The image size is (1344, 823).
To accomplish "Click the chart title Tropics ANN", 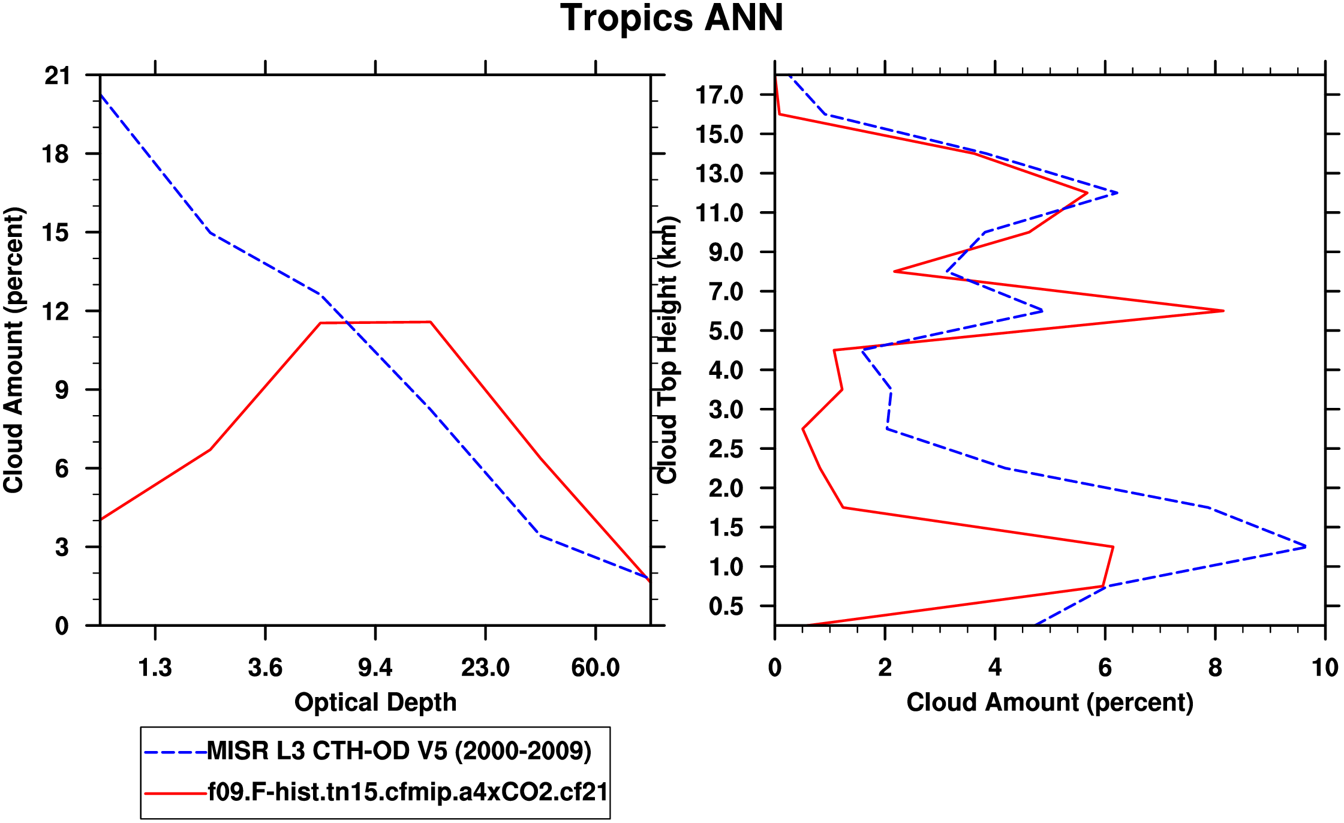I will (672, 18).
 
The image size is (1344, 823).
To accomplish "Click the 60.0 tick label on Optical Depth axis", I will (595, 667).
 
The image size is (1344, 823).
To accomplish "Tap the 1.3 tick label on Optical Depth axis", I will (155, 667).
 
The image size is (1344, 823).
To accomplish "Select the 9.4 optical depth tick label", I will (375, 667).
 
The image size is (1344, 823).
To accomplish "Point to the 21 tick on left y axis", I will (57, 76).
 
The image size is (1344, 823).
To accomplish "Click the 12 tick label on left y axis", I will (57, 311).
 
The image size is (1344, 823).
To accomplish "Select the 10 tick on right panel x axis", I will (1325, 667).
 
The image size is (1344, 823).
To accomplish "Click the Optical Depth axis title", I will (375, 702).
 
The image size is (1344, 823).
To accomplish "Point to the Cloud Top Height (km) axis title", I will (667, 350).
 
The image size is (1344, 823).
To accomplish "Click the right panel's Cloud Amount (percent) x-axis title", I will (1050, 702).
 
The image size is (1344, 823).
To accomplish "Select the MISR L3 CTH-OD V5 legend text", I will (399, 751).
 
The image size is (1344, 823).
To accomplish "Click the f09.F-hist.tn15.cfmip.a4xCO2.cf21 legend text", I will (408, 792).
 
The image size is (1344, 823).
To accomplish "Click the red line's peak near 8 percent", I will (1223, 311).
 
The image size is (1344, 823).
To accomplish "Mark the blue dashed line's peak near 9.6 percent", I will (1306, 546).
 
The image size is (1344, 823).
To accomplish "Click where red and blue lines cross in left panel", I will (347, 323).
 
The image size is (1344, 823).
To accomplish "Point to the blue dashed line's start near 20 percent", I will (101, 95).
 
